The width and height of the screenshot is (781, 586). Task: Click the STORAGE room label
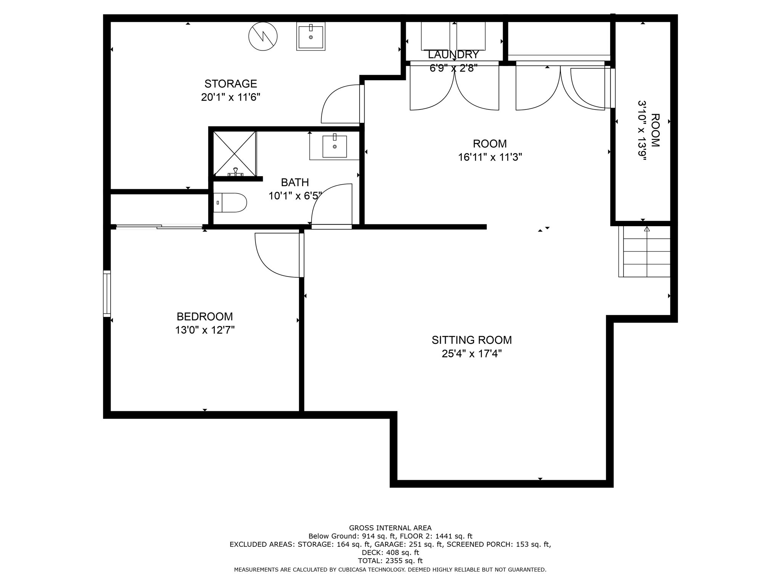click(x=231, y=84)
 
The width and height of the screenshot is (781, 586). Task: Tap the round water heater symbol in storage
click(x=263, y=37)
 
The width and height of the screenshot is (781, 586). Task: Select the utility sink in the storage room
click(x=311, y=36)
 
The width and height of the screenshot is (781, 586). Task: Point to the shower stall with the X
click(x=234, y=153)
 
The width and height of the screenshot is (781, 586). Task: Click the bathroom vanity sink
click(x=334, y=146)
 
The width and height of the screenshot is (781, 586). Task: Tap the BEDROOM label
click(x=204, y=316)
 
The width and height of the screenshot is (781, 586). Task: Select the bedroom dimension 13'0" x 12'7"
click(x=204, y=330)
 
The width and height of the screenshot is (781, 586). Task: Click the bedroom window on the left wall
click(x=107, y=293)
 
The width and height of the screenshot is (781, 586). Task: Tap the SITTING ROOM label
click(x=471, y=340)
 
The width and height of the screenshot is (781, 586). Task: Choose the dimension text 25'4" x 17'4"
click(x=471, y=354)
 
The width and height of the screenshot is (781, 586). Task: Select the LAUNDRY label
click(x=453, y=55)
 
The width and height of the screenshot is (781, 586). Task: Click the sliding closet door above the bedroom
click(x=159, y=227)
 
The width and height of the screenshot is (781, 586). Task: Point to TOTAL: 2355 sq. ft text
click(x=390, y=561)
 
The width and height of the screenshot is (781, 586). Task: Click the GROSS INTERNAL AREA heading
click(x=390, y=528)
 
